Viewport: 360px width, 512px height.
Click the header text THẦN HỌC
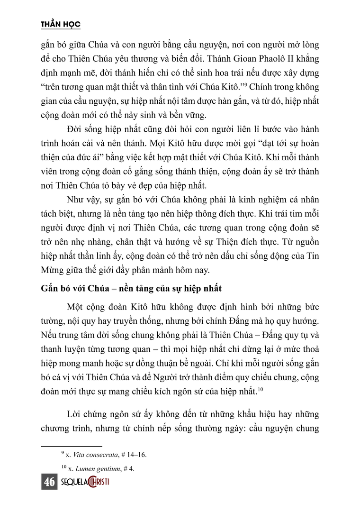pyautogui.click(x=62, y=24)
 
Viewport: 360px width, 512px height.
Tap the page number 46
pyautogui.click(x=49, y=482)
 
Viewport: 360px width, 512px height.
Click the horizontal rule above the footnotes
pyautogui.click(x=72, y=446)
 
